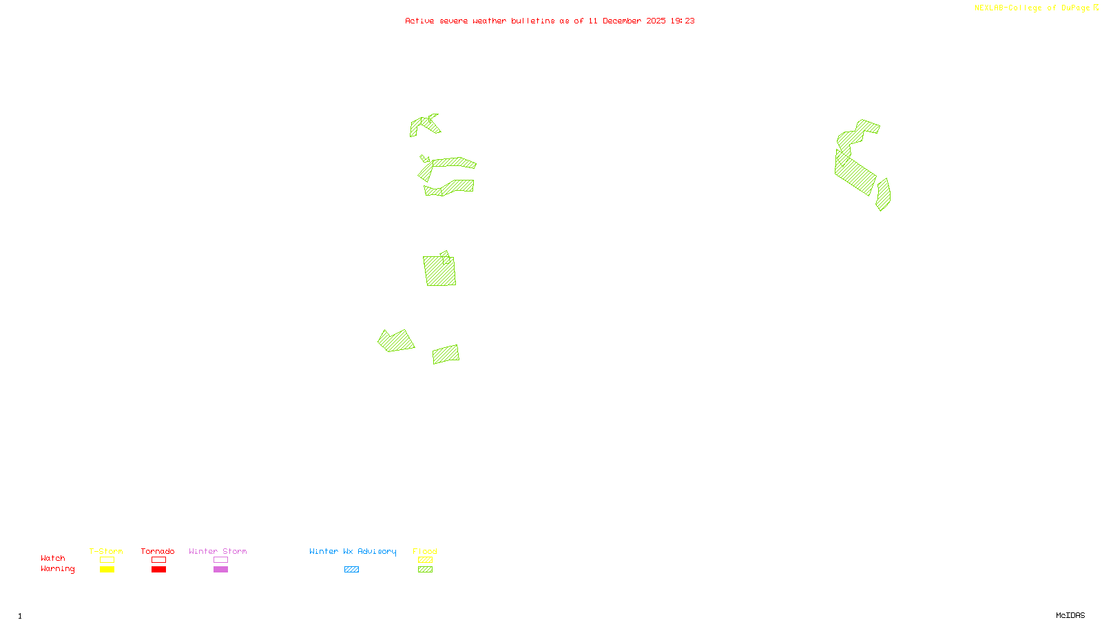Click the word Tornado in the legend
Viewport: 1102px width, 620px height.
click(x=158, y=551)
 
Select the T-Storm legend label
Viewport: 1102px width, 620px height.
click(x=106, y=551)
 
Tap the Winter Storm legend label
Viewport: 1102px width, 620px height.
click(x=218, y=551)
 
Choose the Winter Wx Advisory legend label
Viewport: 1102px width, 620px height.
click(x=353, y=551)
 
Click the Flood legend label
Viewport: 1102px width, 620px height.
click(x=425, y=551)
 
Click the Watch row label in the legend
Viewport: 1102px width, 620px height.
click(x=53, y=558)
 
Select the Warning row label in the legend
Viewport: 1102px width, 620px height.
click(x=58, y=569)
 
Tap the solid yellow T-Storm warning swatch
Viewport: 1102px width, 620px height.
click(x=107, y=570)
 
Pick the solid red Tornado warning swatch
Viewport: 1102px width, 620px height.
click(x=158, y=570)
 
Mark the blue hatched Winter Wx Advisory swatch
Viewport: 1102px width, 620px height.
click(x=351, y=570)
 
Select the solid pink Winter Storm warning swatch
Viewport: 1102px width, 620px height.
click(x=220, y=570)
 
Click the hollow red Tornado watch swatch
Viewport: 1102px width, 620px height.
click(x=158, y=560)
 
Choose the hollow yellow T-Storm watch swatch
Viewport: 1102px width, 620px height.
click(x=107, y=560)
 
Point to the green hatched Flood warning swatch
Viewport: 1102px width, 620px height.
click(x=425, y=570)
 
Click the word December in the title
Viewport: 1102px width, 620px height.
click(x=622, y=21)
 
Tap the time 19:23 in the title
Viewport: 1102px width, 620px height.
click(x=683, y=21)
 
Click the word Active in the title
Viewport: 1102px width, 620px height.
click(x=419, y=21)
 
